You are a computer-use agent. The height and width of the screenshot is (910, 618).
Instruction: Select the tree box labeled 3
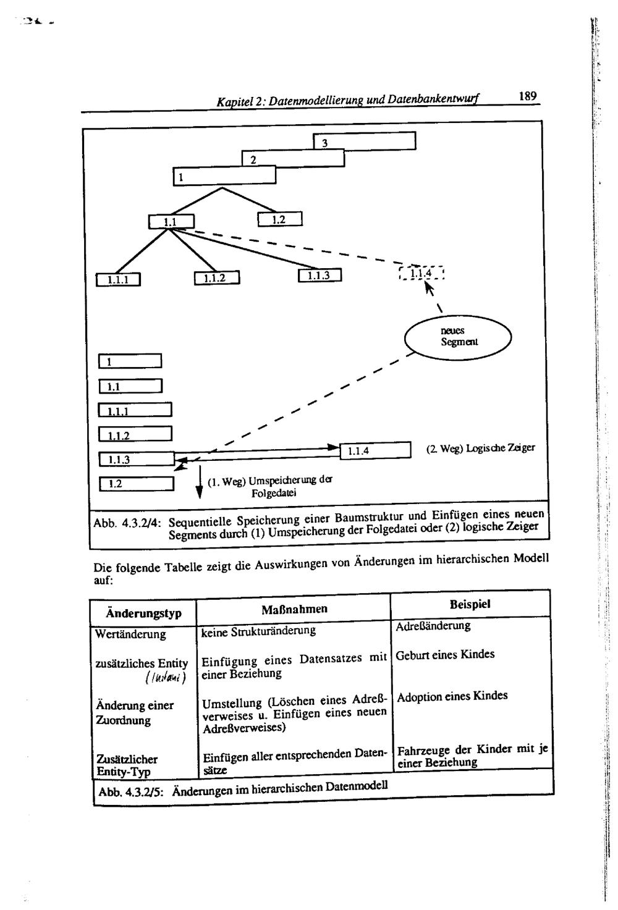[x=364, y=141]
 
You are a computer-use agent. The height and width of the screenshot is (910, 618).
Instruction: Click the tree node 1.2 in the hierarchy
[x=279, y=219]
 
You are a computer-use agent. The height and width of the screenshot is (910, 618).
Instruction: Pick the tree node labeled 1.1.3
[x=320, y=276]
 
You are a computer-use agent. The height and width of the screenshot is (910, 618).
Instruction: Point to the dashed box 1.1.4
[x=422, y=272]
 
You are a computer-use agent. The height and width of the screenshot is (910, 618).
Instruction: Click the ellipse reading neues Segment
[x=458, y=337]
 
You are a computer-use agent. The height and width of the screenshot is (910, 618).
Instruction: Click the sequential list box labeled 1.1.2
[x=135, y=434]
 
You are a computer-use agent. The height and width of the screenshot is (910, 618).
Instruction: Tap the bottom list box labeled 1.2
[x=136, y=483]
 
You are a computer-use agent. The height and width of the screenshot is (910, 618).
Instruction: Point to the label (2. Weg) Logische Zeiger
[x=480, y=448]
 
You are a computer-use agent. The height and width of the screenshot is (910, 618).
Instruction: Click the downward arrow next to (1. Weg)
[x=199, y=482]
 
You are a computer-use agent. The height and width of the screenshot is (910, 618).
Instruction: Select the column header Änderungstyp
[x=143, y=613]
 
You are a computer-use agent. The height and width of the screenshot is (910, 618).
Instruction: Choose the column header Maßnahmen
[x=294, y=609]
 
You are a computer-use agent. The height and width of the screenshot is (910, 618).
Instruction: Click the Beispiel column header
[x=470, y=604]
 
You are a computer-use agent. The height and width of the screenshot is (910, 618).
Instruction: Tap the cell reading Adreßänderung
[x=433, y=626]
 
